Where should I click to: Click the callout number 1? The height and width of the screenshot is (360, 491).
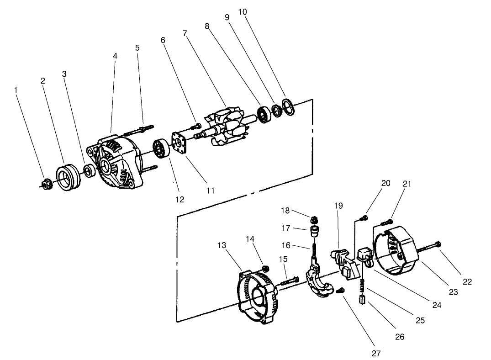coord(16,90)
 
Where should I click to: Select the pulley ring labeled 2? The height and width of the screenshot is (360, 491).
coord(68,175)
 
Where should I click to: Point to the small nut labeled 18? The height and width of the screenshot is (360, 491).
coord(313,218)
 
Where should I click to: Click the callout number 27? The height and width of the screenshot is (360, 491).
coord(376,353)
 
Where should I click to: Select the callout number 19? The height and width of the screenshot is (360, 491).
coord(338,206)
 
